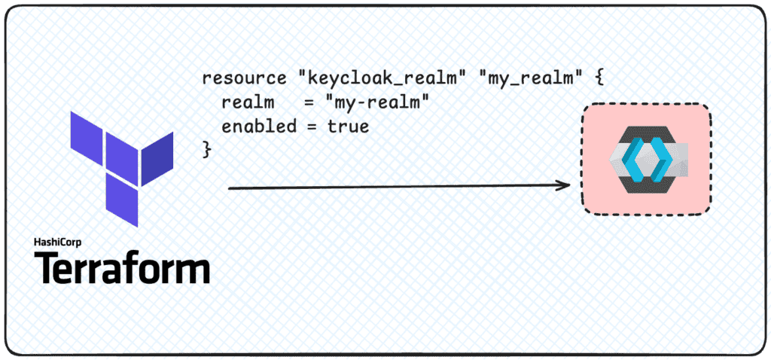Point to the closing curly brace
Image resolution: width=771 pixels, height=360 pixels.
pyautogui.click(x=207, y=150)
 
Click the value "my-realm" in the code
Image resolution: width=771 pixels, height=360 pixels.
pyautogui.click(x=376, y=102)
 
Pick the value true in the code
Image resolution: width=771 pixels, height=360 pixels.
pyautogui.click(x=348, y=126)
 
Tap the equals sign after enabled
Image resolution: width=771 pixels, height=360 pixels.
pyautogui.click(x=311, y=127)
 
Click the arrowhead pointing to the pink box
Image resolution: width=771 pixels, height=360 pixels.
pyautogui.click(x=563, y=185)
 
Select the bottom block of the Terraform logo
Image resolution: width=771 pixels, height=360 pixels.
pyautogui.click(x=123, y=202)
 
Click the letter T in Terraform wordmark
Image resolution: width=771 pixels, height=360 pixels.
pyautogui.click(x=47, y=267)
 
